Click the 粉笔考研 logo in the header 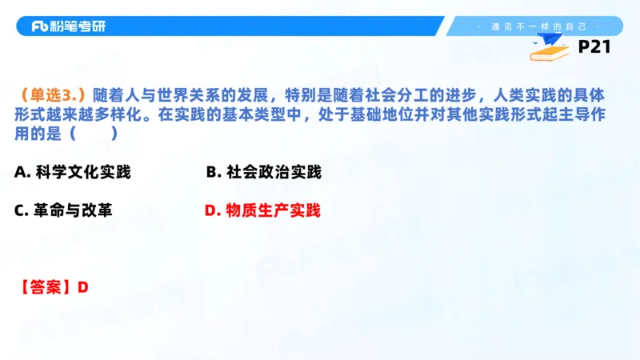coord(68,26)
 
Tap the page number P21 coord(594,47)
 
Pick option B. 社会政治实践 coord(263,172)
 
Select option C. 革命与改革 coord(63,210)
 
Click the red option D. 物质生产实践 coord(262,210)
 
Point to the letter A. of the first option coord(22,172)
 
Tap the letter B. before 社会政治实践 coord(213,172)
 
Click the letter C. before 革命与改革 coord(22,210)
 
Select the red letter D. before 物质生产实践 coord(212,210)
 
